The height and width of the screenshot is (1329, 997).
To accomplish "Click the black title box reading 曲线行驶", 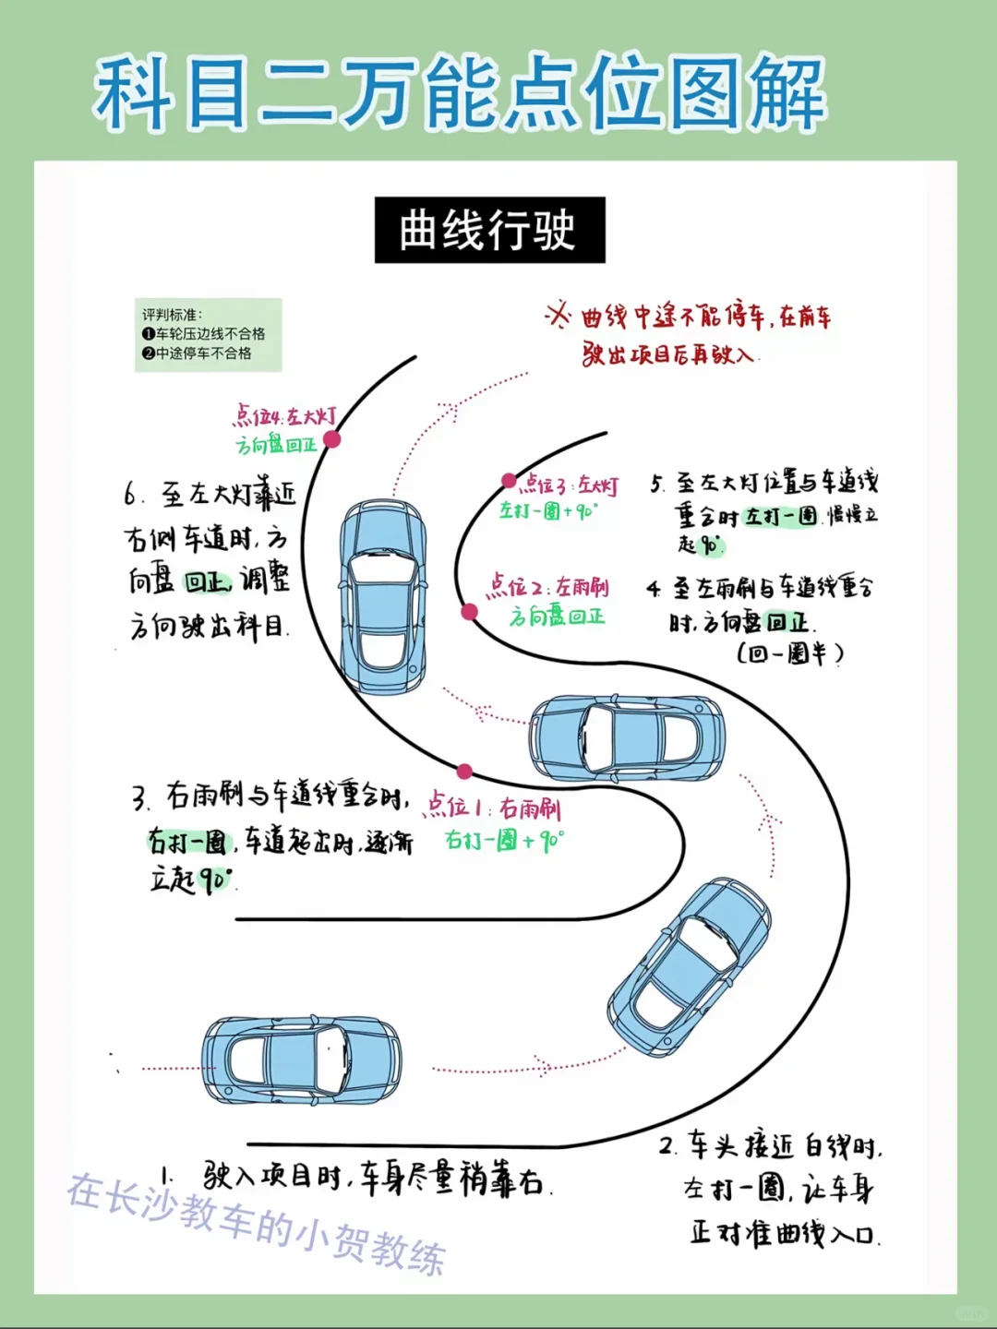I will click(x=489, y=230).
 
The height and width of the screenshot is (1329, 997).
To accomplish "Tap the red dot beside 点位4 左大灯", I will click(x=332, y=439).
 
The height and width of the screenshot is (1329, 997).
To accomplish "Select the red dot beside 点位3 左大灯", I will click(x=509, y=480).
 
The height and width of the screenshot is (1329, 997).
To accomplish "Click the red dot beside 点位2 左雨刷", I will click(x=469, y=611).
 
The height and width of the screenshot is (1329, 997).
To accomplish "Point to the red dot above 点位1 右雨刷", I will click(x=464, y=772).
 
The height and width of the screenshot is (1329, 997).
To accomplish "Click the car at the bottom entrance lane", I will click(x=302, y=1060).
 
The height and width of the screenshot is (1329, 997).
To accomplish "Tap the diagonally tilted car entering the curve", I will click(x=689, y=966).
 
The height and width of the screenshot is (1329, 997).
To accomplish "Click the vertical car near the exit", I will click(x=383, y=597).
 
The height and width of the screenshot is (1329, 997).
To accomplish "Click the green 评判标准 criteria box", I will click(x=208, y=334).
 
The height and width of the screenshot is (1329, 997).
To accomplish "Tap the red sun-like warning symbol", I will click(x=558, y=316).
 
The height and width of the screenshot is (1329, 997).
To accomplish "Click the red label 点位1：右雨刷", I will click(x=493, y=808).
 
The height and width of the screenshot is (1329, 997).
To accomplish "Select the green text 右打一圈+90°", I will click(x=504, y=841).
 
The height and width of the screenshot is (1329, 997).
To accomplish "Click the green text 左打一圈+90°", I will click(x=548, y=510).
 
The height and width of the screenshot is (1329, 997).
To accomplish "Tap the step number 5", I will click(x=656, y=484).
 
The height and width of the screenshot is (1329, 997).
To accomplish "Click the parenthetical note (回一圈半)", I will click(x=790, y=653).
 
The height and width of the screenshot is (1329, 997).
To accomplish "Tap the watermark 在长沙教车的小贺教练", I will click(x=257, y=1224).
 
